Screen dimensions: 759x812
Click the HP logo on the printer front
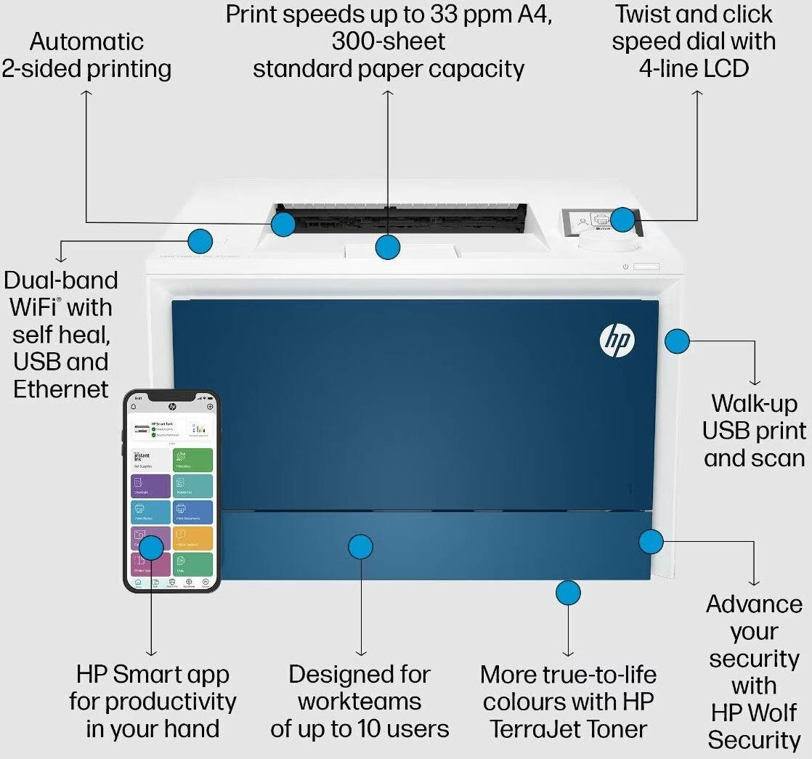pyautogui.click(x=617, y=340)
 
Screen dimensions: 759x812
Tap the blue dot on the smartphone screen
pyautogui.click(x=151, y=547)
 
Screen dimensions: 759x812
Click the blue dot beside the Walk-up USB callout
pyautogui.click(x=677, y=341)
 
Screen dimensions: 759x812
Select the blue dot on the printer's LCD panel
pyautogui.click(x=622, y=219)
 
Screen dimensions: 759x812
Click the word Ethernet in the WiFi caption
pyautogui.click(x=61, y=389)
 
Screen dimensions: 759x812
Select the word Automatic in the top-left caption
pyautogui.click(x=86, y=41)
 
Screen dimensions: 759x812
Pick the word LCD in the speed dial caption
pyautogui.click(x=725, y=68)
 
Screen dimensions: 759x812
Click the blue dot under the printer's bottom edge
pyautogui.click(x=568, y=593)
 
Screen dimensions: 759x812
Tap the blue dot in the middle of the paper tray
pyautogui.click(x=360, y=546)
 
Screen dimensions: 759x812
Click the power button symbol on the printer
pyautogui.click(x=625, y=267)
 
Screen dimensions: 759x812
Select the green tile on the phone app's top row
pyautogui.click(x=192, y=459)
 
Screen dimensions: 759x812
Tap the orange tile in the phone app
pyautogui.click(x=192, y=537)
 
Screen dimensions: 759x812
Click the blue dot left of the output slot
pyautogui.click(x=200, y=240)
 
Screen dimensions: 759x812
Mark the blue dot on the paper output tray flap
pyautogui.click(x=388, y=247)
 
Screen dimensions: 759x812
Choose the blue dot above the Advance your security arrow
pyautogui.click(x=651, y=541)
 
